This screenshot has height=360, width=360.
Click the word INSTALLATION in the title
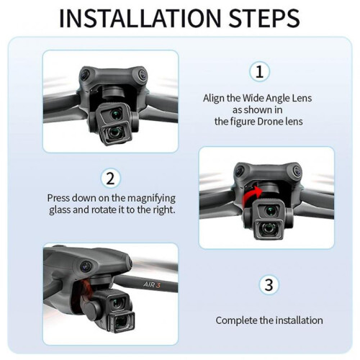pyautogui.click(x=140, y=19)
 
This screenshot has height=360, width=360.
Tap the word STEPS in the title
pyautogui.click(x=264, y=19)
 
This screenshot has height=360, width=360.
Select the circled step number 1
pyautogui.click(x=259, y=71)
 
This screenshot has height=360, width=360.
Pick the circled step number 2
pyautogui.click(x=110, y=179)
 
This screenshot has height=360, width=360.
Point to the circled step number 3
pyautogui.click(x=269, y=285)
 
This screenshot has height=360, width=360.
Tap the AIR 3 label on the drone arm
pyautogui.click(x=152, y=284)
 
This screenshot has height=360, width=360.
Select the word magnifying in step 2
pyautogui.click(x=151, y=199)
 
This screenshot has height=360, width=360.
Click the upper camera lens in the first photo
pyautogui.click(x=117, y=113)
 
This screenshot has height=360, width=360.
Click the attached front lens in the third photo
pyautogui.click(x=122, y=323)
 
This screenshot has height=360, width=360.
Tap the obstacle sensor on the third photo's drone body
pyautogui.click(x=86, y=266)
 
